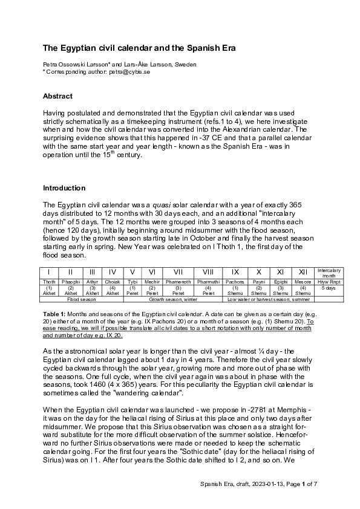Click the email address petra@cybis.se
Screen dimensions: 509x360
pos(129,71)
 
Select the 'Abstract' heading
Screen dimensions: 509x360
pos(57,96)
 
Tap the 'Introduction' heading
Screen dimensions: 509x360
pos(64,188)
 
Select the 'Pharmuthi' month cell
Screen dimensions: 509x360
pos(208,282)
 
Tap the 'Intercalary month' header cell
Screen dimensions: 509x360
pos(329,272)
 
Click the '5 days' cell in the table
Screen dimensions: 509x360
pos(329,288)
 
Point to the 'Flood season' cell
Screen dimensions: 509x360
pos(82,299)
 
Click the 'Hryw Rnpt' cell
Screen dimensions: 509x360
pos(329,282)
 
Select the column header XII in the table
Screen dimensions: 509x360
pos(303,273)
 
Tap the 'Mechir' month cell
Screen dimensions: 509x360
pos(152,282)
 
